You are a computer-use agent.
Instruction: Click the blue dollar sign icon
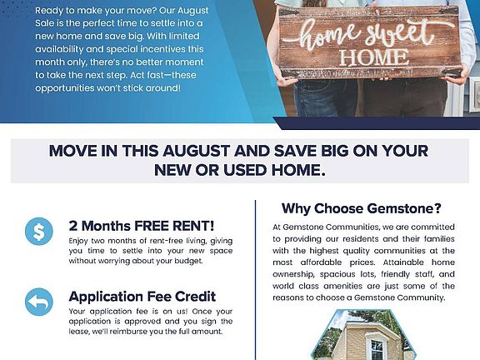click(x=39, y=231)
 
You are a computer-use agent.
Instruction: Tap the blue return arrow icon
click(x=39, y=302)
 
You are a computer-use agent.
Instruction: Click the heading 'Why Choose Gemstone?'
click(x=362, y=208)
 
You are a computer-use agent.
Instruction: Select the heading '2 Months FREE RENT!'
click(x=142, y=226)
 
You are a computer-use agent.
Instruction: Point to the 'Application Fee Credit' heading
click(x=142, y=297)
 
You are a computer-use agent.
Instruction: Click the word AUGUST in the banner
click(x=196, y=151)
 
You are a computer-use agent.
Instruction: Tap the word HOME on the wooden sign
click(x=374, y=57)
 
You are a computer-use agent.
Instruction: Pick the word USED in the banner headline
click(x=246, y=170)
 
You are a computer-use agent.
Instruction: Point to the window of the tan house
click(x=377, y=349)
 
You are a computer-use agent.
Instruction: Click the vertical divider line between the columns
click(x=255, y=280)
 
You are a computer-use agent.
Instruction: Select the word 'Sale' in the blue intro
click(x=45, y=23)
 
